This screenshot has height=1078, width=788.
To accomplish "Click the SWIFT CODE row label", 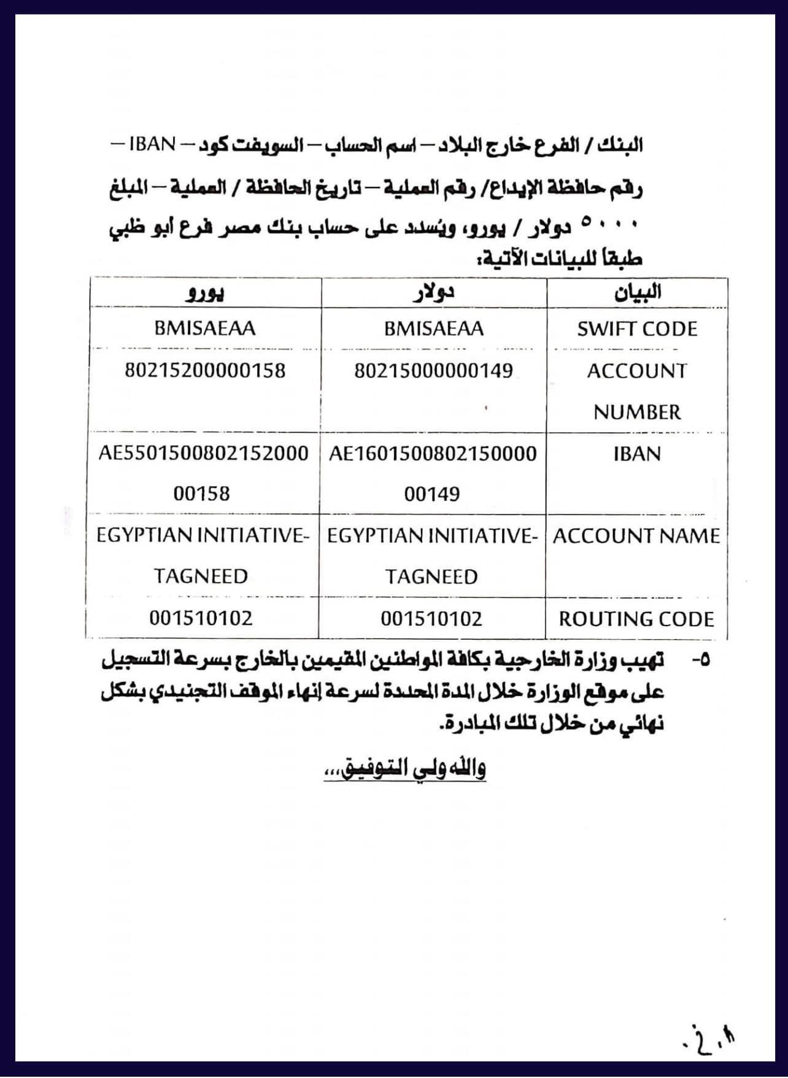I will (637, 329).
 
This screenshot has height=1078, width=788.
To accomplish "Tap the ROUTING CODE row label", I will (636, 619).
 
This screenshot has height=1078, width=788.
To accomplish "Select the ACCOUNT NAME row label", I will (636, 536).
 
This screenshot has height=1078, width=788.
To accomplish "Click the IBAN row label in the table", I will (637, 454).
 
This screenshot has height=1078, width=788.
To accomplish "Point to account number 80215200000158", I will (205, 370).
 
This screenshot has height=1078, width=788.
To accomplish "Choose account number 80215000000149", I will (433, 371).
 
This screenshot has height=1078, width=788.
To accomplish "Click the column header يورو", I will (205, 293).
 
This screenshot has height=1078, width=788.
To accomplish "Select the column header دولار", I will (433, 293).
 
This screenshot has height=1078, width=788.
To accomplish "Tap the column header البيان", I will (638, 292).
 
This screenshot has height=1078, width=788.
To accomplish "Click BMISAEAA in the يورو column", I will (205, 328).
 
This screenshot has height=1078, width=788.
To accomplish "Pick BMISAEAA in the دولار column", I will (433, 328).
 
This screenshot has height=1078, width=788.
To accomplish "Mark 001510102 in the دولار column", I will (431, 618).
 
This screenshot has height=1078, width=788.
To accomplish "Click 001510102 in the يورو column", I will (201, 618).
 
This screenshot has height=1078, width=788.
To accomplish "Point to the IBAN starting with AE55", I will (203, 473).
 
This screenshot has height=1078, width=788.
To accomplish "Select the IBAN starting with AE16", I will (433, 473).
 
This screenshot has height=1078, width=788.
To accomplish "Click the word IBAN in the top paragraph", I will (153, 144).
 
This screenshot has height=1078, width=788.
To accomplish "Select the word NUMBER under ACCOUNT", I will (637, 412).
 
